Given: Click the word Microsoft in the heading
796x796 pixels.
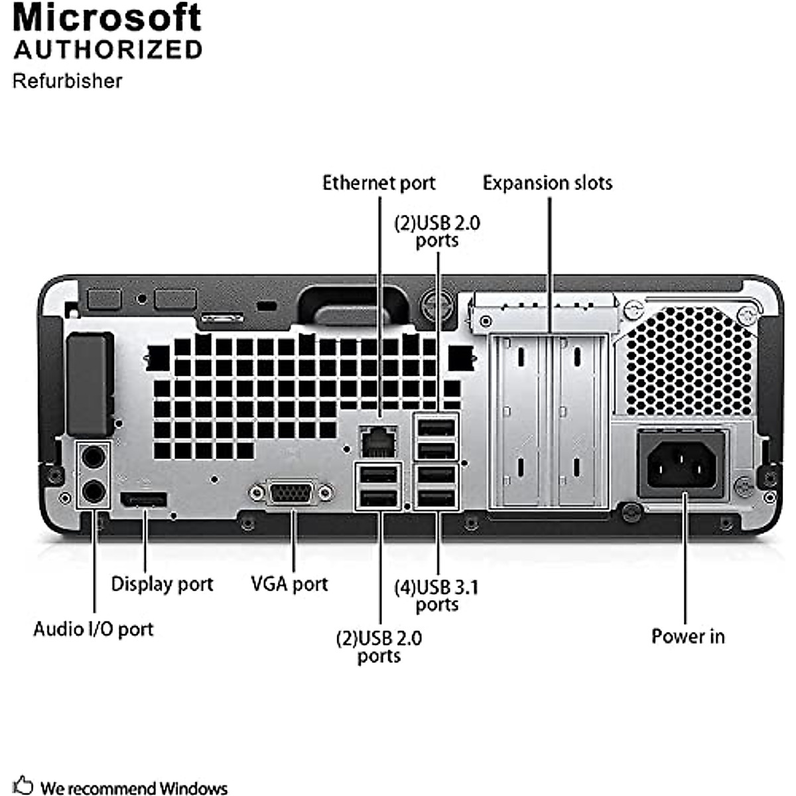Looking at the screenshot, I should coord(107,17).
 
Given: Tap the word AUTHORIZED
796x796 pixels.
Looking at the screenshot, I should coord(108,50).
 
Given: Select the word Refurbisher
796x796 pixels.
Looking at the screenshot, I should coord(67,81).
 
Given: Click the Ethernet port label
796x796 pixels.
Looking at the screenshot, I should coord(379,183).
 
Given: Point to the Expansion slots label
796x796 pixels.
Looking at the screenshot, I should coord(547,183).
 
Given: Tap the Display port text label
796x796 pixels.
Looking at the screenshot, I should coord(162,584).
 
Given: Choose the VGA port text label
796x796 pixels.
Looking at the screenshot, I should coord(289,584).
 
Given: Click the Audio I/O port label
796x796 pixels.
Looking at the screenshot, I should coord(94,629).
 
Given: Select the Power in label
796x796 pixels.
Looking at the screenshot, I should coord(688,637).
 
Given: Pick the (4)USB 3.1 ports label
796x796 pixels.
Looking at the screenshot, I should coord(436,596).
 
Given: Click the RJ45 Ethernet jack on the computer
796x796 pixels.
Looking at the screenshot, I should coord(378,440).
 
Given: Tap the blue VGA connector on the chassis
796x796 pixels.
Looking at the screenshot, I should coord(291,494).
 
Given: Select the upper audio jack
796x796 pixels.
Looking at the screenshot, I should coord(93,456).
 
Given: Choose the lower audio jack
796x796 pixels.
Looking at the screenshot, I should coord(93,491).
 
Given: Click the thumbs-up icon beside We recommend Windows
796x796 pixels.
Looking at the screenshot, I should coord(23,785).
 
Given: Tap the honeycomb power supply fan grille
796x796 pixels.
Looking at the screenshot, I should coord(690,362).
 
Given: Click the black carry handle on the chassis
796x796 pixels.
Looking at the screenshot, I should coord(353,306).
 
